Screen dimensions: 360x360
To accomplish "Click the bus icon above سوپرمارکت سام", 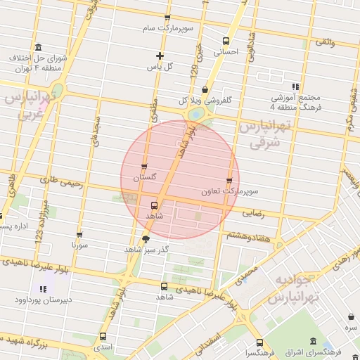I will click(x=167, y=18).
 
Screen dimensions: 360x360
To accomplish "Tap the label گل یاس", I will click(x=160, y=67).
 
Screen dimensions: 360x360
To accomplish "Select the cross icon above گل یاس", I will click(x=160, y=56).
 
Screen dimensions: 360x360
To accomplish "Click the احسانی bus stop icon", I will click(x=226, y=41).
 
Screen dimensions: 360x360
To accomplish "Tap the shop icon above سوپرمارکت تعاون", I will click(x=229, y=181).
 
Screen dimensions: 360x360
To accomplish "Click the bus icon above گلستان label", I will click(x=144, y=167).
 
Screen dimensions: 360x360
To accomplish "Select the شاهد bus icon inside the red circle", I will click(x=154, y=205).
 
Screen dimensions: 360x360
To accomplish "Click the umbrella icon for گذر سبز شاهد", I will click(x=146, y=239).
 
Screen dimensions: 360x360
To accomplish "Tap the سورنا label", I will click(x=79, y=246).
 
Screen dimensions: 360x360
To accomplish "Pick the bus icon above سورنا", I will click(x=79, y=236).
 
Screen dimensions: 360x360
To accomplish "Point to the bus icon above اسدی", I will click(x=103, y=336).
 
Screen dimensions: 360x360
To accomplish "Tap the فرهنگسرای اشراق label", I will click(x=313, y=351).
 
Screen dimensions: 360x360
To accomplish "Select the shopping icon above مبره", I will click(x=349, y=317).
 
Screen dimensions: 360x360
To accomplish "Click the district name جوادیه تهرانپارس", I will click(x=295, y=288).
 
